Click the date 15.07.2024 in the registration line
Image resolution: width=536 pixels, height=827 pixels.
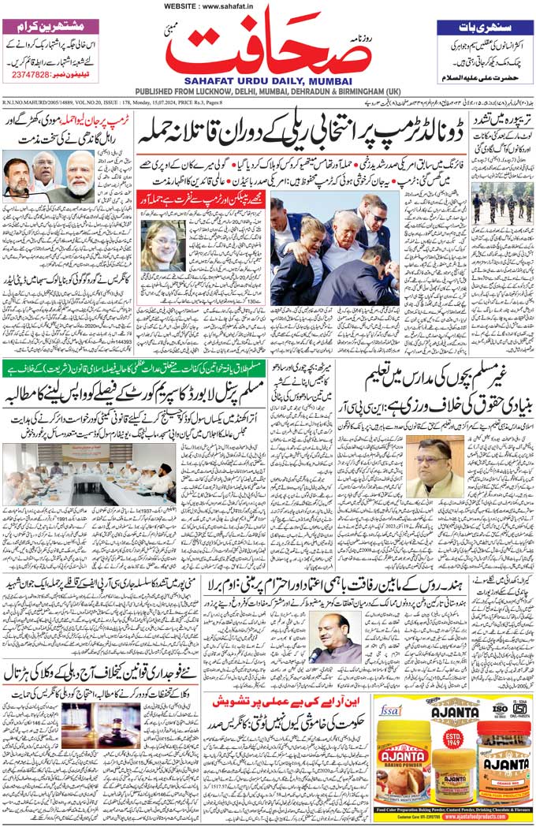click(x=152, y=102)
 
